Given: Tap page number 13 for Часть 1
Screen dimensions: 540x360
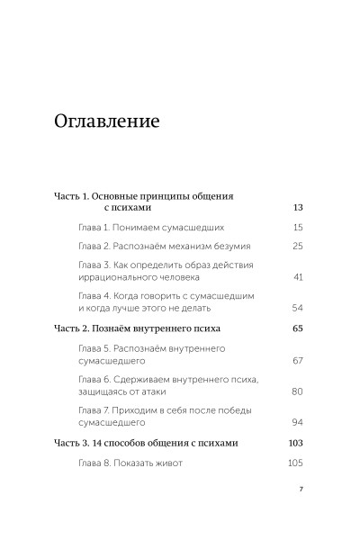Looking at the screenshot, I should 298,207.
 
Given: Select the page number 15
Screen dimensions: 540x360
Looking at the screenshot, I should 298,228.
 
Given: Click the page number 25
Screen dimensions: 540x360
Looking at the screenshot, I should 298,246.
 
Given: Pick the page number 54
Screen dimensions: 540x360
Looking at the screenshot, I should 298,308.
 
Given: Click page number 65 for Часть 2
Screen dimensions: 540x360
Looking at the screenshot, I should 298,328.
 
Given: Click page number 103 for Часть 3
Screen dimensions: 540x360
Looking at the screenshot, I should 295,444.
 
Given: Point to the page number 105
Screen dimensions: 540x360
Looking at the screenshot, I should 295,463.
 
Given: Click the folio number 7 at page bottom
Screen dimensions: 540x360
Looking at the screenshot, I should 301,491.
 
